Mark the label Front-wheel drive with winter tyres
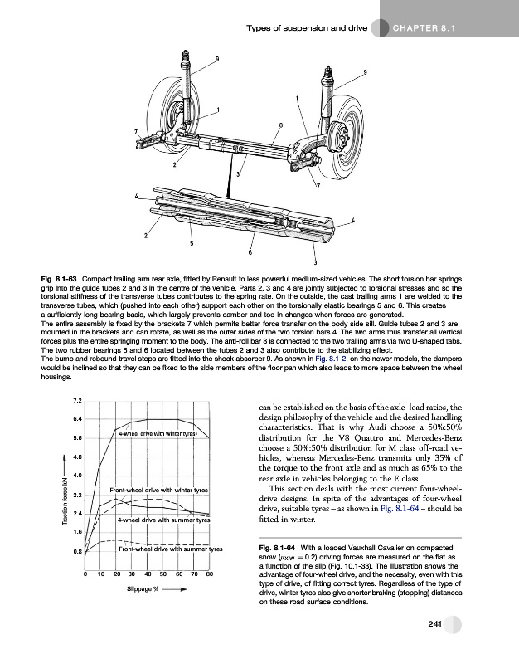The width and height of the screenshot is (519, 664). (x=158, y=491)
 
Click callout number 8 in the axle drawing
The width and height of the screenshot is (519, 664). (x=281, y=125)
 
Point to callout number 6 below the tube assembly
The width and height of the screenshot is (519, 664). (x=250, y=252)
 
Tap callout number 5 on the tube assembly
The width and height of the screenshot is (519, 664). (x=192, y=243)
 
